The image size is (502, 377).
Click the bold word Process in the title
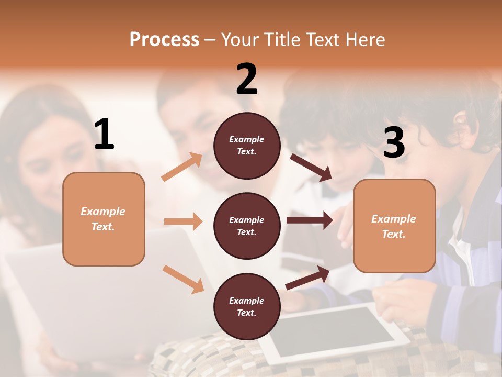click(164, 39)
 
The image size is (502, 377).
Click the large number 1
click(104, 135)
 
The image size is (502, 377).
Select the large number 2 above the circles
click(247, 79)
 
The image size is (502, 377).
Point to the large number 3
click(394, 142)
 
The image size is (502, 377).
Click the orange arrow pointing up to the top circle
click(182, 167)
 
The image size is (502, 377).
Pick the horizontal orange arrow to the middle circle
click(183, 221)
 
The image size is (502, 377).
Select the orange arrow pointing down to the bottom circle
click(183, 279)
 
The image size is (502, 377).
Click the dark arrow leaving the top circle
click(311, 167)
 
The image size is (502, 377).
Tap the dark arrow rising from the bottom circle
click(307, 278)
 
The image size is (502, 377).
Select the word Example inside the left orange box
click(103, 212)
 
